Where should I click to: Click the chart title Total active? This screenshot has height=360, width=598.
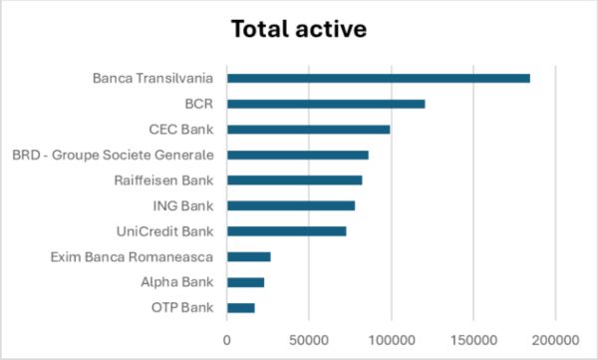click(x=298, y=29)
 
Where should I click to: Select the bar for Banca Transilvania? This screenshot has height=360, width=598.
click(x=378, y=78)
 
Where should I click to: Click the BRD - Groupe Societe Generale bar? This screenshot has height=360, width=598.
click(x=297, y=155)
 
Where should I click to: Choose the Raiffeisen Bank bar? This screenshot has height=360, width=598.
click(x=294, y=180)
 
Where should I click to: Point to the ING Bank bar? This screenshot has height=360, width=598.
click(x=291, y=205)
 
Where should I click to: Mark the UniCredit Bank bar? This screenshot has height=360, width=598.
click(x=286, y=231)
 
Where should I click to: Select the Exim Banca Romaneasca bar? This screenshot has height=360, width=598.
click(x=248, y=257)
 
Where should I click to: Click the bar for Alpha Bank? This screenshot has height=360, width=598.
click(x=245, y=282)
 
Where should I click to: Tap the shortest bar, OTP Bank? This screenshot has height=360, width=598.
click(x=240, y=308)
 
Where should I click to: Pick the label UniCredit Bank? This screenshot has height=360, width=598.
click(x=166, y=231)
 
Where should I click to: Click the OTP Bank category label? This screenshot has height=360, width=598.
click(x=185, y=308)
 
